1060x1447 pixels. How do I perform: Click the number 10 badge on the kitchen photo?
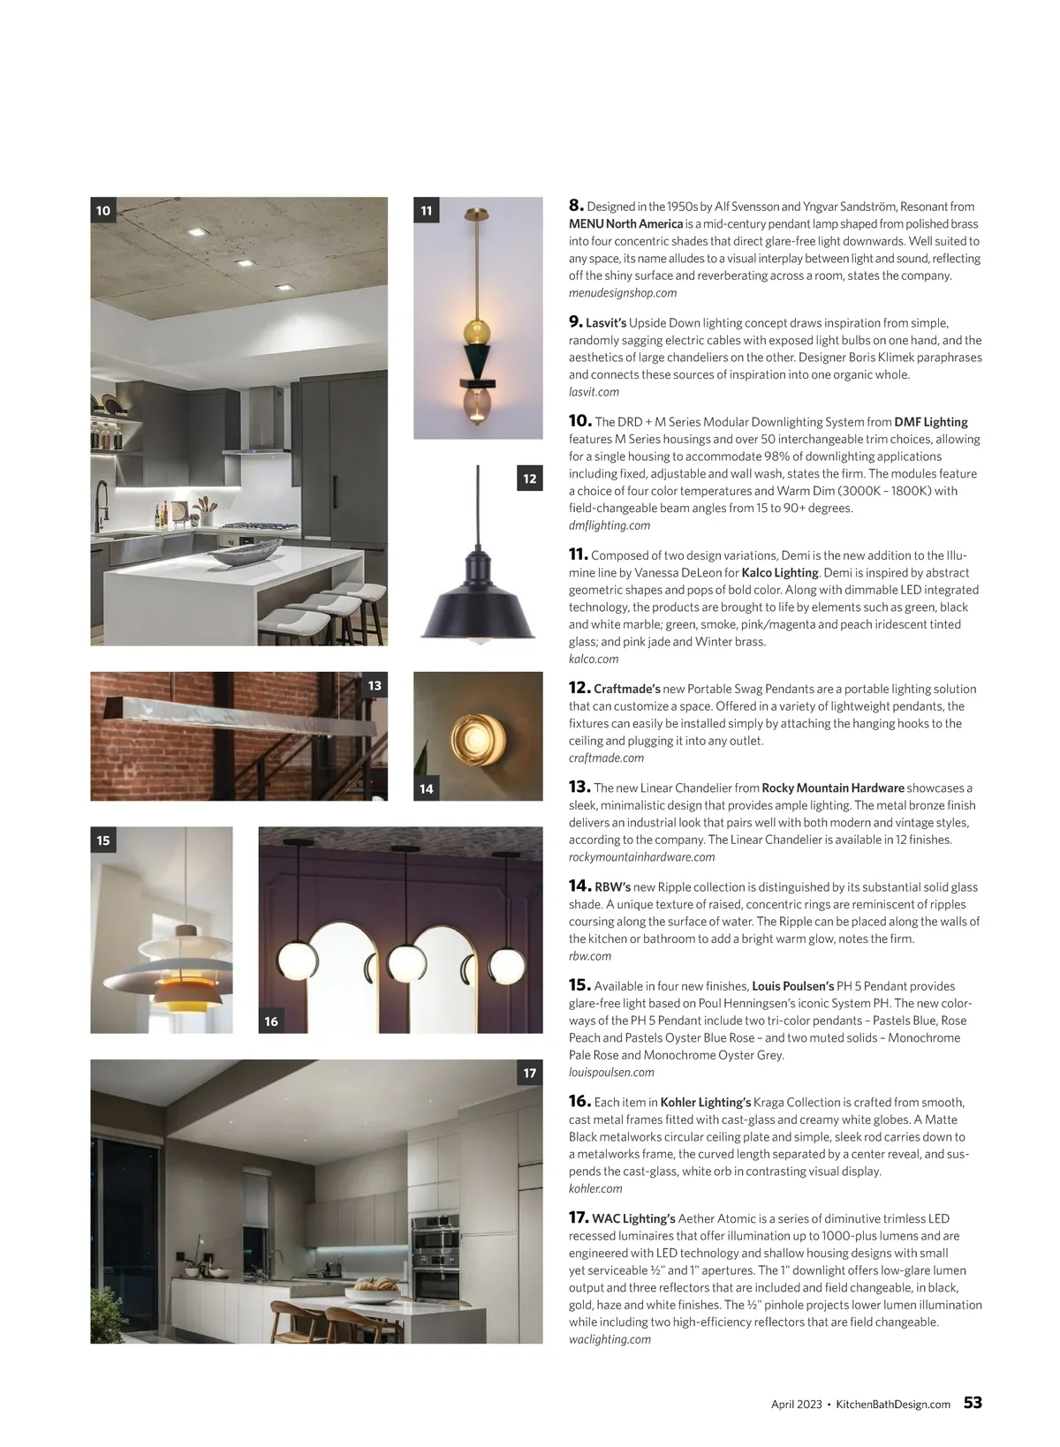tap(103, 210)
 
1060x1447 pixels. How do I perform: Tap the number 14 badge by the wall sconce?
tap(427, 788)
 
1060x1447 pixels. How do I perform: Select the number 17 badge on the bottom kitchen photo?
tap(529, 1073)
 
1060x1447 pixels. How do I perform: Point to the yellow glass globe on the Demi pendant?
tap(478, 332)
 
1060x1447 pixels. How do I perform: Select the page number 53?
tap(972, 1403)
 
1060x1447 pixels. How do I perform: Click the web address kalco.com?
tap(594, 659)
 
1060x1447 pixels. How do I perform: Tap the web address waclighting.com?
tap(609, 1339)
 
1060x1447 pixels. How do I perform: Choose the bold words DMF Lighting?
tap(931, 422)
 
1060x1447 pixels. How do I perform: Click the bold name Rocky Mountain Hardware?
tap(832, 788)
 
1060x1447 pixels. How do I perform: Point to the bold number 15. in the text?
tap(579, 984)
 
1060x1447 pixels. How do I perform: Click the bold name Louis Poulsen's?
tap(792, 985)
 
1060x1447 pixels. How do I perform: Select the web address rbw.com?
tap(590, 955)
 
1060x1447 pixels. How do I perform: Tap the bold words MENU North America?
tap(625, 223)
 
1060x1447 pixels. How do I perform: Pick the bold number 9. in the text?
tap(575, 321)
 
